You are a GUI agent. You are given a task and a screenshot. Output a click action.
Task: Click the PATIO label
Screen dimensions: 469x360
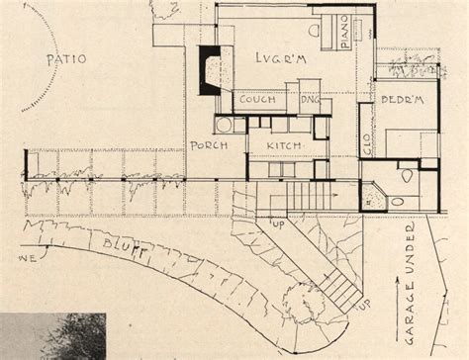(66, 60)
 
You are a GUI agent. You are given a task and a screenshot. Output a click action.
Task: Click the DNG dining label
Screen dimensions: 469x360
(307, 100)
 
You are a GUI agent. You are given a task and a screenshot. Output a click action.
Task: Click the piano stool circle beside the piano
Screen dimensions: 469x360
(316, 34)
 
